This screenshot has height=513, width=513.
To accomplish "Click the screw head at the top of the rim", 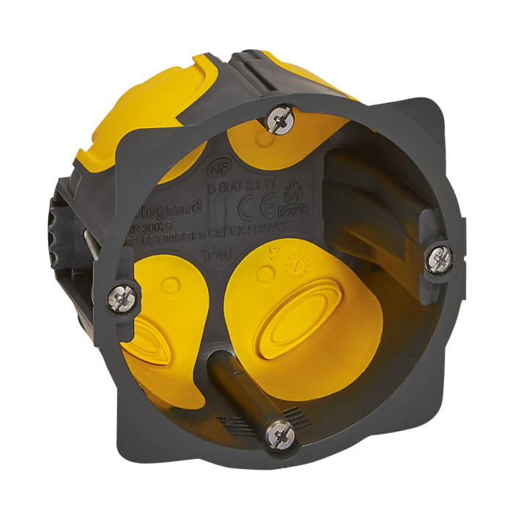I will [279, 118].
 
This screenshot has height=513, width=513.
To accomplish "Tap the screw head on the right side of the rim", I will [438, 258].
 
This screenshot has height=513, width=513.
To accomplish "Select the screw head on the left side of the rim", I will [121, 298].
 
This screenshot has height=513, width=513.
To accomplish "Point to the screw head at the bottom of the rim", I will [278, 433].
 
